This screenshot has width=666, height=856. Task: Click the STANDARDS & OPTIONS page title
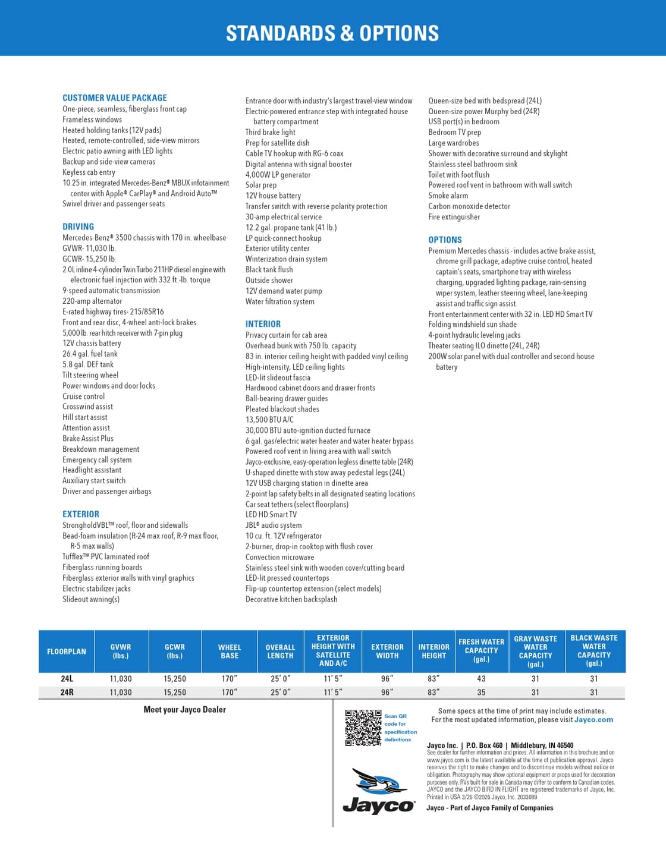coord(332,33)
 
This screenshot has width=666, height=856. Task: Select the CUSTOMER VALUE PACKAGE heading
coord(115,98)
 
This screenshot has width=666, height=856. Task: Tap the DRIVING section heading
coord(78,226)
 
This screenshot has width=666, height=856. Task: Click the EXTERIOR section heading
coord(81,514)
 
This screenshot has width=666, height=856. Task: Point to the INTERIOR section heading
coord(263,324)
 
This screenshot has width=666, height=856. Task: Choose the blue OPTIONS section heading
coord(445,240)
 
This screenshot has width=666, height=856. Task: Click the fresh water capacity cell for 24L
coord(481,679)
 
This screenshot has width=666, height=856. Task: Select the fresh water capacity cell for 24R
coord(481,693)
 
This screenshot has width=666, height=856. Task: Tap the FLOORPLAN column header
coord(67,652)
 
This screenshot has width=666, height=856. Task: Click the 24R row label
coord(67,693)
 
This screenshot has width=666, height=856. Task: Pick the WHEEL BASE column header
coord(230,652)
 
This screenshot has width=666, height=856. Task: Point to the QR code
coord(363,728)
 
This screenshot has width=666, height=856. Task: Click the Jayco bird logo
coord(379,791)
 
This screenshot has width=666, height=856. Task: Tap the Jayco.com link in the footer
coord(593,720)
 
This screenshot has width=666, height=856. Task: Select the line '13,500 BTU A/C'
coord(269,420)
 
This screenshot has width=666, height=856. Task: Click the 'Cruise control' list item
coord(84,396)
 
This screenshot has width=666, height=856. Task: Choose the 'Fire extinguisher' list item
coord(454,217)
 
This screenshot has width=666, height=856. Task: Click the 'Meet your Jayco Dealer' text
coord(185,710)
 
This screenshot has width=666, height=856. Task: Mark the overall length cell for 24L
coord(280,679)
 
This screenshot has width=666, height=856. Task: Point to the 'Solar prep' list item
coord(261,185)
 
